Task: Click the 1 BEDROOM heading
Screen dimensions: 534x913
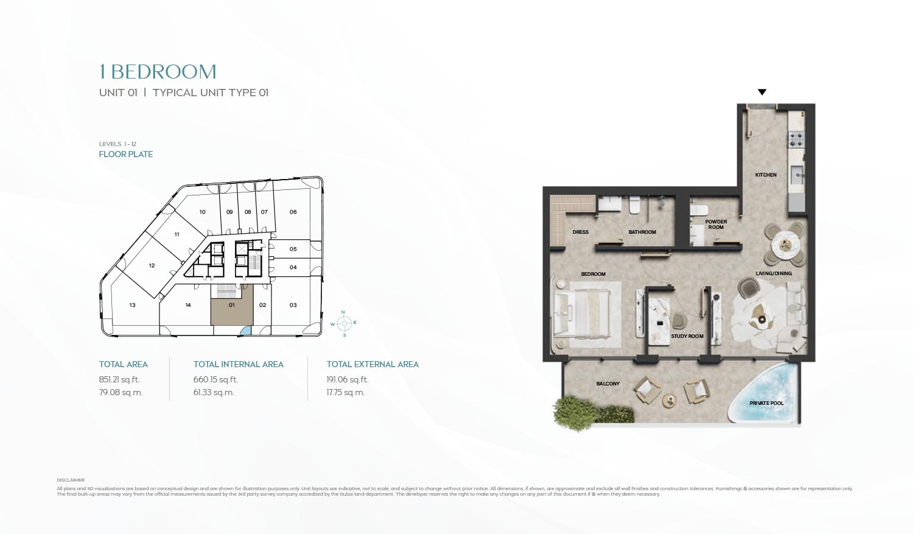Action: coord(158,72)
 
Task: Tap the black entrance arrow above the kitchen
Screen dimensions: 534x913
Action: coord(761,93)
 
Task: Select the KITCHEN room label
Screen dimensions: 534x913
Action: coord(766,175)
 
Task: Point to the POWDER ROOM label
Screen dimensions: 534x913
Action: coord(716,225)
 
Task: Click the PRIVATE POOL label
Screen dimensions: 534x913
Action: coord(766,403)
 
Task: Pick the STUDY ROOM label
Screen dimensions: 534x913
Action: coord(687,336)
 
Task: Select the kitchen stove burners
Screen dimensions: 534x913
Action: coord(796,139)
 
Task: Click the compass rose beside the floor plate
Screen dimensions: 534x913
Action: coord(344,323)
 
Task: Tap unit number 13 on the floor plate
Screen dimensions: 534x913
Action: coord(132,305)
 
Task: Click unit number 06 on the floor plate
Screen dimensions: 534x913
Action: coord(293,212)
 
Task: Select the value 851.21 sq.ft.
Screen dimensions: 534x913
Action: coord(119,379)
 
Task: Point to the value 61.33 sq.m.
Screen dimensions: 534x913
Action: coord(214,393)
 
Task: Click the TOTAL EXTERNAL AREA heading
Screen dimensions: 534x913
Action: coord(373,364)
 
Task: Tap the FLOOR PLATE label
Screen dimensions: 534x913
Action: coord(126,154)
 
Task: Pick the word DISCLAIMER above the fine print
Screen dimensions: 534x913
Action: coord(71,480)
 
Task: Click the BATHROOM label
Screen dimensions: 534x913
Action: coord(642,232)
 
